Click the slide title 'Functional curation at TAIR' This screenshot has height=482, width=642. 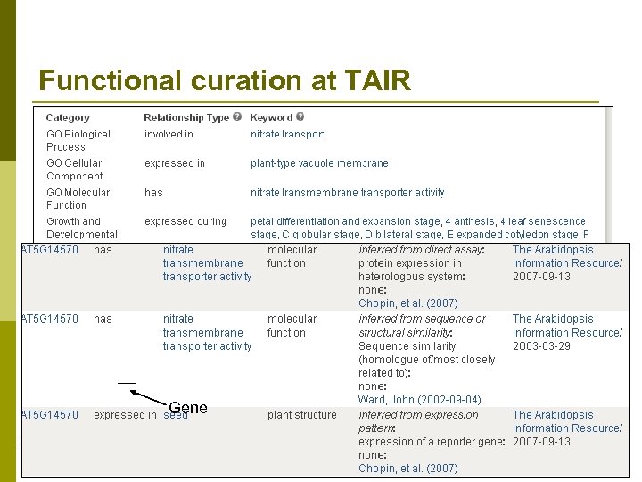point(225,81)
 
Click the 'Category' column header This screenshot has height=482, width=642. point(68,118)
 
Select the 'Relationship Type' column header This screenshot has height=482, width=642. point(186,118)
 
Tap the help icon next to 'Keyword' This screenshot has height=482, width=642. point(300,118)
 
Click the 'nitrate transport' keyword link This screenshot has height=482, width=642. point(287,135)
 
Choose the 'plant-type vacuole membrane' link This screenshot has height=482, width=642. point(319,163)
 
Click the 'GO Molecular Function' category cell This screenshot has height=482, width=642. point(78,198)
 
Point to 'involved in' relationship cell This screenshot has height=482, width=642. point(169,135)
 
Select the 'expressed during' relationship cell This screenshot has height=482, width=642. point(185,221)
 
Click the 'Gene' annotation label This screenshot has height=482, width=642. point(188,408)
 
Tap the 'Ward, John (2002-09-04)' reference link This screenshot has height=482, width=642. point(419,400)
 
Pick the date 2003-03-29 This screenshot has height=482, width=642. point(541,346)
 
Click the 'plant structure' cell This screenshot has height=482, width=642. point(302,415)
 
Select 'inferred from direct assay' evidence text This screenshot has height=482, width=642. point(421,250)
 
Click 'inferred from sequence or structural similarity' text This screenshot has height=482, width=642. point(422,326)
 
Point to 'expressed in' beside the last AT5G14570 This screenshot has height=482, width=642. point(125,415)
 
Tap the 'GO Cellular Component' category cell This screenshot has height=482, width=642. point(74,170)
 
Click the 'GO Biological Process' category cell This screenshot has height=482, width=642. point(78,140)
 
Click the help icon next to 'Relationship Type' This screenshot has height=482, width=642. point(238,118)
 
